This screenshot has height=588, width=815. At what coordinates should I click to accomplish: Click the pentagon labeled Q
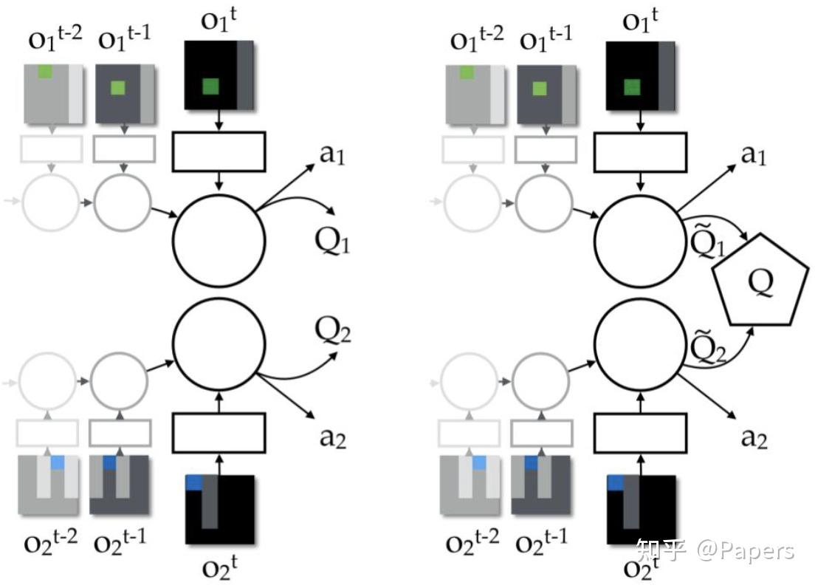click(758, 281)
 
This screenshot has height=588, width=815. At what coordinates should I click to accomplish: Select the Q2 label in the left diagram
click(333, 333)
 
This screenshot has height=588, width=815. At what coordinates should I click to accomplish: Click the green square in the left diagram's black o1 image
click(212, 87)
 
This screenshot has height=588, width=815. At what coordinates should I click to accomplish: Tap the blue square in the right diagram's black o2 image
click(615, 482)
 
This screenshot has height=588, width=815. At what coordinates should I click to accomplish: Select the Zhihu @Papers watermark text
click(715, 551)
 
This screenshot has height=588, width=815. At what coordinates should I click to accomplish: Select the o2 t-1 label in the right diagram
click(542, 543)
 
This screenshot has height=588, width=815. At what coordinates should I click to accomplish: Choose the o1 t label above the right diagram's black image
click(640, 20)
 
